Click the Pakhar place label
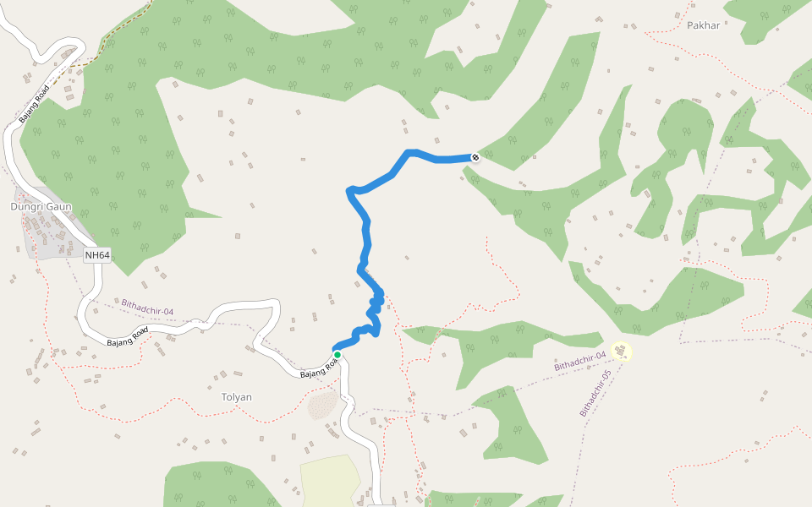[x=703, y=25]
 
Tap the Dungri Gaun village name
[x=41, y=206]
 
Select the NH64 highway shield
[x=97, y=254]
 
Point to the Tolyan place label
[x=236, y=396]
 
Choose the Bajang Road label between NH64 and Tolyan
[x=128, y=336]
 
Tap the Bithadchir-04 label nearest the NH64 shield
[x=147, y=306]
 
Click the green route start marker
[x=337, y=355]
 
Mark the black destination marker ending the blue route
[x=475, y=157]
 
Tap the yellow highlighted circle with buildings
[x=622, y=350]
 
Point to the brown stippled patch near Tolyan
[x=322, y=405]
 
